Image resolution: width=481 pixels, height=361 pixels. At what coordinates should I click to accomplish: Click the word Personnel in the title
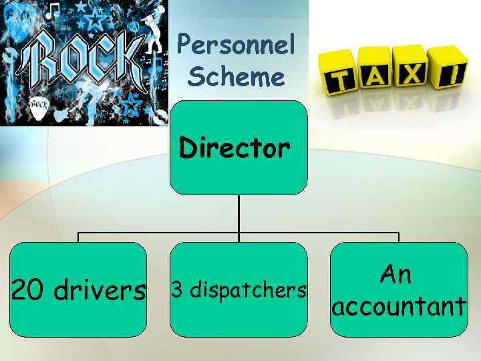236,47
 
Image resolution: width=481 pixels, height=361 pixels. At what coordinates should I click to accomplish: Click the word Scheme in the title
236,77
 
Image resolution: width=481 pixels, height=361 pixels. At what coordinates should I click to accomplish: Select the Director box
238,148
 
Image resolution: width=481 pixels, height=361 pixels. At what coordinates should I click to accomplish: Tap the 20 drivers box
78,289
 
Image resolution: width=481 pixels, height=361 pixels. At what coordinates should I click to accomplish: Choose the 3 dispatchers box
238,289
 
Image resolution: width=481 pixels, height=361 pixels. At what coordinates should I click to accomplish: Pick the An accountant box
399,289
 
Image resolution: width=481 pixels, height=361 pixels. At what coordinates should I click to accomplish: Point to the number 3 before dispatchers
177,290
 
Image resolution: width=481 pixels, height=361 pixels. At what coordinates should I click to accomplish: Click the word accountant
399,306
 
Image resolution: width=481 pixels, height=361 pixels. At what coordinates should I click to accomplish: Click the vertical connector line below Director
238,214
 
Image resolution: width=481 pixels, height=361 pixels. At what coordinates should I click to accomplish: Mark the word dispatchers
247,290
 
